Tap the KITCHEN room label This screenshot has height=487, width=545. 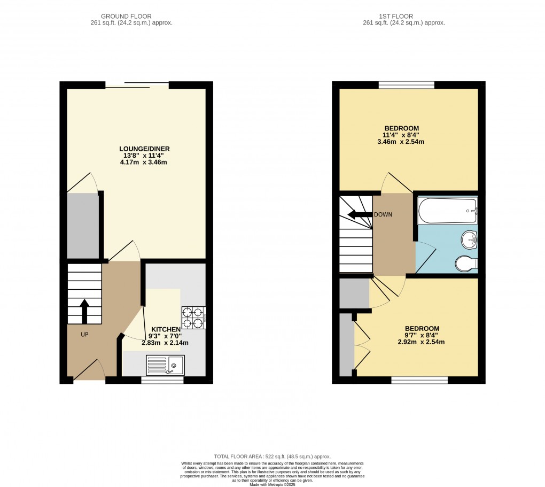(165, 329)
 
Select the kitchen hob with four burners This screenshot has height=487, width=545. (194, 317)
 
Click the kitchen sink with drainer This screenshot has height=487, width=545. (165, 365)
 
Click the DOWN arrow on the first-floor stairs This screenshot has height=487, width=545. (359, 215)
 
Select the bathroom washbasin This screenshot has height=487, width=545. (469, 239)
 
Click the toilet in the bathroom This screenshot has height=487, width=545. (466, 264)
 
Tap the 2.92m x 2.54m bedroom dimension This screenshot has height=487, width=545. (422, 342)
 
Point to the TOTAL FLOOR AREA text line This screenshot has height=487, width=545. (272, 457)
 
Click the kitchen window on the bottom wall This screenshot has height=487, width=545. (162, 380)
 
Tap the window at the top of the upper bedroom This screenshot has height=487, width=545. (406, 84)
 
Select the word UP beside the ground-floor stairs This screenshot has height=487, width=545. (84, 335)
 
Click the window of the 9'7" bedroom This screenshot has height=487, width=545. (419, 380)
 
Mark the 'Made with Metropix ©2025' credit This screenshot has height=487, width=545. (272, 484)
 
